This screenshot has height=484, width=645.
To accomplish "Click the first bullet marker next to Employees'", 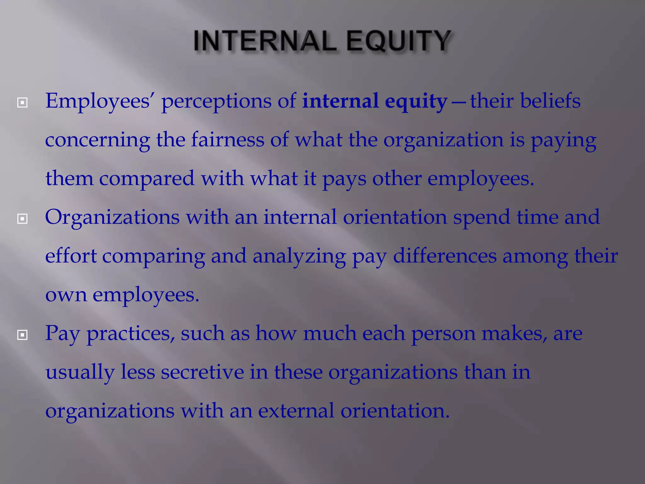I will tap(22, 102).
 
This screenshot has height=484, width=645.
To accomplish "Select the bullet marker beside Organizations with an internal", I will tap(22, 218).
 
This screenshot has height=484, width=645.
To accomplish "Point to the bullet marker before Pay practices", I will tap(22, 335).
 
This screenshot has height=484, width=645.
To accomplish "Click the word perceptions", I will tap(216, 102).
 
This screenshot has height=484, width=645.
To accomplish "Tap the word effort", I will tap(71, 256).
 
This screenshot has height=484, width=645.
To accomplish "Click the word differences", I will tap(445, 256).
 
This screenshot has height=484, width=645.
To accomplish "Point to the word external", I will tap(296, 411).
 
